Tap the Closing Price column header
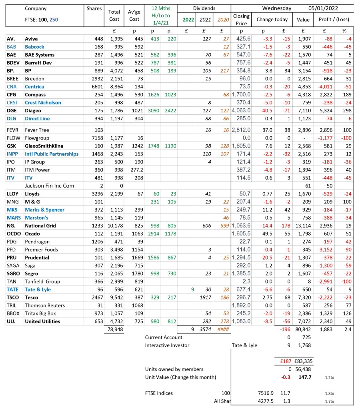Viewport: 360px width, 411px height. pyautogui.click(x=241, y=20)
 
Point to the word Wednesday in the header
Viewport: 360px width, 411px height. pyautogui.click(x=277, y=8)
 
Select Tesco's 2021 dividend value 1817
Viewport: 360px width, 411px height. pyautogui.click(x=204, y=297)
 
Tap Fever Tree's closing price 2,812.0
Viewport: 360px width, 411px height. pyautogui.click(x=241, y=130)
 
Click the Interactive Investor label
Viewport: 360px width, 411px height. pyautogui.click(x=167, y=345)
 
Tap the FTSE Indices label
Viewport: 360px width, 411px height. pyautogui.click(x=159, y=393)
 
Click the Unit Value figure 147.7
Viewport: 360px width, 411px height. pyautogui.click(x=306, y=377)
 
